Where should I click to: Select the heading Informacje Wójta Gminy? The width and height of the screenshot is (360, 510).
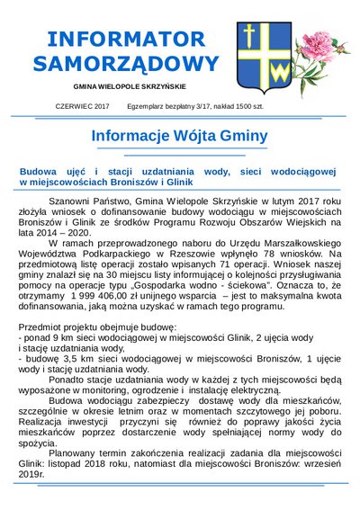pos(180,136)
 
